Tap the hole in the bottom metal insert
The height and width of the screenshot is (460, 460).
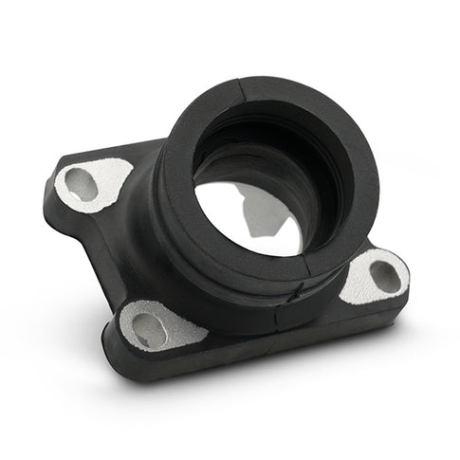[x=149, y=329]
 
